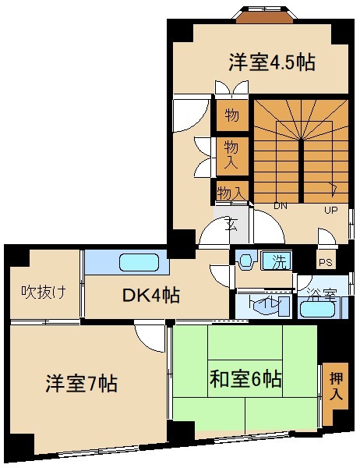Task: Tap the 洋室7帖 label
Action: coord(80,385)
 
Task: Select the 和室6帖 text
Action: coord(245,380)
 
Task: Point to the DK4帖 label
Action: coord(151,296)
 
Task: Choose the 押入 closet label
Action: coord(336,386)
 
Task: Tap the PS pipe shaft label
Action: coord(326,263)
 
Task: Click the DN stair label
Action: coord(281,207)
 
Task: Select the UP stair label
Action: coord(331,209)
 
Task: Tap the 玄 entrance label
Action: coord(231,225)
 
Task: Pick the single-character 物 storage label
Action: coord(231,116)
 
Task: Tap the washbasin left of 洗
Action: coord(247,261)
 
